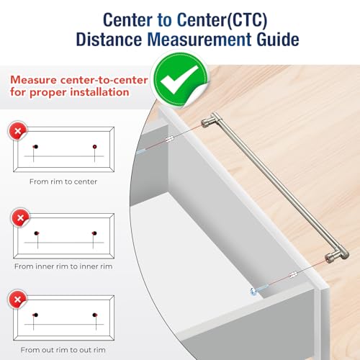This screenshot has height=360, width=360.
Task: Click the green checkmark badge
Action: point(181,79)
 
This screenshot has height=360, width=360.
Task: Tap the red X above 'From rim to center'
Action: point(17,131)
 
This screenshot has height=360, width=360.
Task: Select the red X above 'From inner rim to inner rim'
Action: point(21,217)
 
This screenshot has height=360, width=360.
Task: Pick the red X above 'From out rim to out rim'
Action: point(17,300)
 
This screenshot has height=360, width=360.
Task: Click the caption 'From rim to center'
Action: point(63,181)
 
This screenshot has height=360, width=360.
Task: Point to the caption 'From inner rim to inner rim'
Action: point(63,266)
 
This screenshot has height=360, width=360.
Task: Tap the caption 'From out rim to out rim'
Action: point(63,350)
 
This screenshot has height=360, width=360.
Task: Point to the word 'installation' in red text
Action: point(99,92)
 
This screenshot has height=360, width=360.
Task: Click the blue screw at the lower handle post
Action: point(258,289)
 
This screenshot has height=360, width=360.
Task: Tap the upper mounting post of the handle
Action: point(208,122)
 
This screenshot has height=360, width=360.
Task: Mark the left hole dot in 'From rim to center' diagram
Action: point(36,147)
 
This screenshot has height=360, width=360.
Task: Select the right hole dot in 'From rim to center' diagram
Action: point(94,147)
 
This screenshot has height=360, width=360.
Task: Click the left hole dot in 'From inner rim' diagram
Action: point(37,233)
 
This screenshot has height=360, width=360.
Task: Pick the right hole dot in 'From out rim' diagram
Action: point(95,315)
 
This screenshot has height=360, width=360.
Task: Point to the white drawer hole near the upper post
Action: point(170,138)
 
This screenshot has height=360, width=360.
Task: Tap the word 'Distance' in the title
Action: point(109,40)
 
